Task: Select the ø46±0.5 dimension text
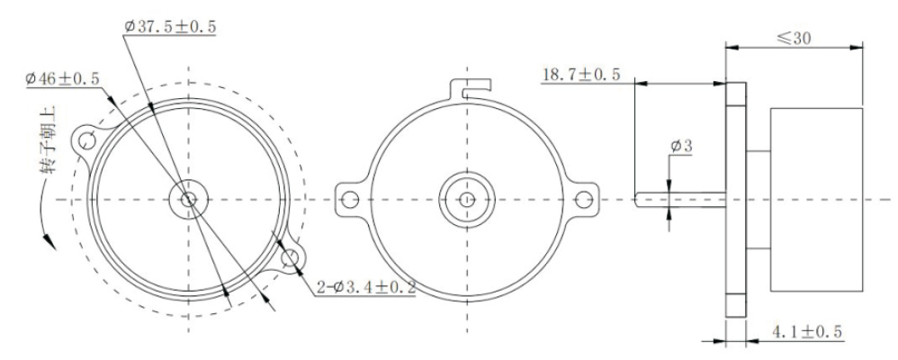point(65,79)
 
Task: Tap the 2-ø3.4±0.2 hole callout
point(364,288)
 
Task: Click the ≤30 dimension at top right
point(795,38)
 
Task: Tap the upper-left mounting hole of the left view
point(87,140)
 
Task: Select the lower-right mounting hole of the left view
point(290,259)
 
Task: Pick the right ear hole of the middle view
point(584,198)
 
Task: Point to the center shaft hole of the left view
point(188,199)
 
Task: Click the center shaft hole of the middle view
point(466,199)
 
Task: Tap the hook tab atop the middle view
point(471,87)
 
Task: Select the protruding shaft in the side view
point(679,199)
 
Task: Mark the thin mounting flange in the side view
point(736,199)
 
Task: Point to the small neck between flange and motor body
point(759,199)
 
